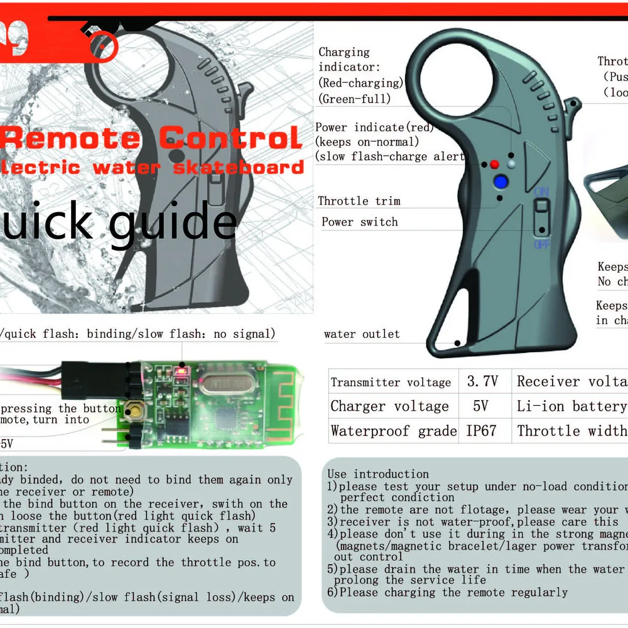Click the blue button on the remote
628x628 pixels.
[501, 182]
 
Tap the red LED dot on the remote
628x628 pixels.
[494, 165]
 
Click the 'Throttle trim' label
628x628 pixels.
[359, 201]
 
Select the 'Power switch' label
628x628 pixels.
[359, 222]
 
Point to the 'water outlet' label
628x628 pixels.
[362, 334]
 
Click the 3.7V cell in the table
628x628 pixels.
[482, 381]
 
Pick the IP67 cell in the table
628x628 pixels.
[482, 431]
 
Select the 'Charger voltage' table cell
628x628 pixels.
[390, 406]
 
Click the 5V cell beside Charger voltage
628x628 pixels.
[481, 406]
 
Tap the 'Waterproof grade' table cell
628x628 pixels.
[394, 431]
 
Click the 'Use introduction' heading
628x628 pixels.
[378, 474]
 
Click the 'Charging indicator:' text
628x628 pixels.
[344, 60]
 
